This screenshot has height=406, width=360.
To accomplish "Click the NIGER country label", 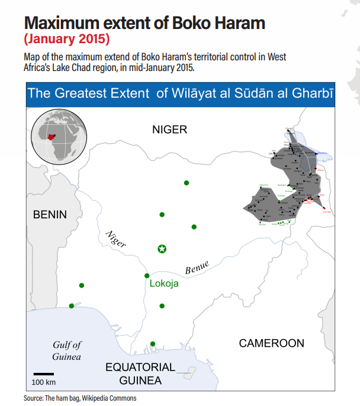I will [169, 130].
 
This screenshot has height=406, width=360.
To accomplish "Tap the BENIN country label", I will [50, 214].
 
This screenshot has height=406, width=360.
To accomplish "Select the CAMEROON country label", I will [271, 343].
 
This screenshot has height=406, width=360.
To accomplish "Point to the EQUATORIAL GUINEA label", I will [140, 373].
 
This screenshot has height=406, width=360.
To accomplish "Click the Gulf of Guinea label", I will [66, 350].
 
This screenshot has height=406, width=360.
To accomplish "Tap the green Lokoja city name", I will [164, 283].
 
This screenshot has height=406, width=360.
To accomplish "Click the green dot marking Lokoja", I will [147, 276].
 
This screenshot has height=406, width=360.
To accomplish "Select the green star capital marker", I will [162, 249].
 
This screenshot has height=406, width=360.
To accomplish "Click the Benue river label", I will [197, 268].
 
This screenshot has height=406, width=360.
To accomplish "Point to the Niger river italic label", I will [115, 238].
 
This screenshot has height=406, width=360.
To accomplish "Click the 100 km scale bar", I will [43, 374].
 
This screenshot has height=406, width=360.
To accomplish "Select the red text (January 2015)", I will [66, 40].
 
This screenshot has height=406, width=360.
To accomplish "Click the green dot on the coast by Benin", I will [72, 306].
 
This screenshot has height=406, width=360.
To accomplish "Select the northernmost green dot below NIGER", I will [187, 183].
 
